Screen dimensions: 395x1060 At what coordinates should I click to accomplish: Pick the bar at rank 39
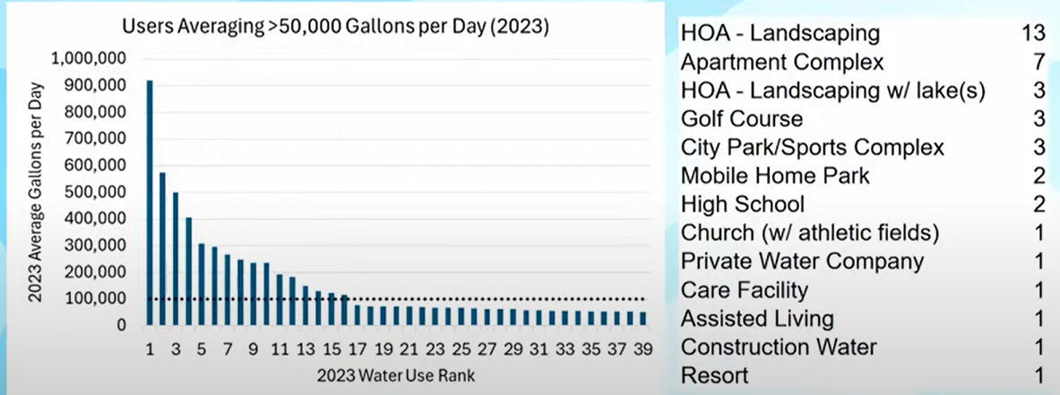point(642,318)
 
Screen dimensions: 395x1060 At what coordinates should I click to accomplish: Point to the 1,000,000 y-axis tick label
point(89,58)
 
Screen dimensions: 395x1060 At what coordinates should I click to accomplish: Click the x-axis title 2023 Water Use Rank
point(395,375)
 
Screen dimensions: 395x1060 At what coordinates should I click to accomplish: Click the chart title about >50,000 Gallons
point(334,27)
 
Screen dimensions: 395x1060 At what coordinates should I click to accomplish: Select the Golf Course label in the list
point(741,119)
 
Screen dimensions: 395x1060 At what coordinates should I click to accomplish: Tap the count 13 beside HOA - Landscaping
point(1032,34)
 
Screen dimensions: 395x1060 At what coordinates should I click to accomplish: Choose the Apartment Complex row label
point(781,63)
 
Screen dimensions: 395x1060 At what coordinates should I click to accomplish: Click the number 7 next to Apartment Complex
point(1038,63)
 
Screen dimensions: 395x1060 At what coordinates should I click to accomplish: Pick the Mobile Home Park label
point(775,176)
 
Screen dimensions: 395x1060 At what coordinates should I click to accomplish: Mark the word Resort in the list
point(714,375)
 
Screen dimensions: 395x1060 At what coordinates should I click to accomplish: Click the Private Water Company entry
point(802,262)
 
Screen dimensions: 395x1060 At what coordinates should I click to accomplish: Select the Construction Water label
point(779,347)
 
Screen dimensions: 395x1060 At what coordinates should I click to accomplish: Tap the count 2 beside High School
point(1038,204)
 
